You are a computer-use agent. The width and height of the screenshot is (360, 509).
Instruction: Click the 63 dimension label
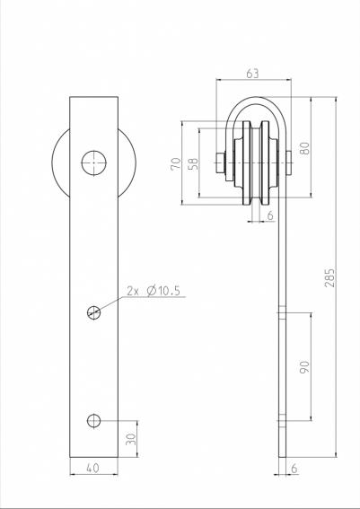tap(252, 74)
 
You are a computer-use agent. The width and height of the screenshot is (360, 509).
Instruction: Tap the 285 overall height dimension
tap(329, 277)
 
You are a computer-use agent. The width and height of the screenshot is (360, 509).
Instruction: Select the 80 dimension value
tap(305, 148)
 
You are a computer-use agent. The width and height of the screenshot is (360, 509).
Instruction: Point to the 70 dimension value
tap(176, 163)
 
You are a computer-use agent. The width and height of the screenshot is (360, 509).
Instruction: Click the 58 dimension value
tap(193, 165)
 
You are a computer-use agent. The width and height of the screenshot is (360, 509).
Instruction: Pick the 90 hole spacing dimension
tap(305, 367)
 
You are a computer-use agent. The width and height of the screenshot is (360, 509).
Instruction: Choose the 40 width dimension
tap(92, 468)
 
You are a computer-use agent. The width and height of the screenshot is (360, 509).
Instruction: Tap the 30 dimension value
tap(131, 439)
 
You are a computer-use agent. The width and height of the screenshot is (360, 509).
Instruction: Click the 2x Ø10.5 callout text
tap(154, 291)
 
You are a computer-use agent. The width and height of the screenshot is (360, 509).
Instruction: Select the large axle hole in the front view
tap(93, 163)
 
